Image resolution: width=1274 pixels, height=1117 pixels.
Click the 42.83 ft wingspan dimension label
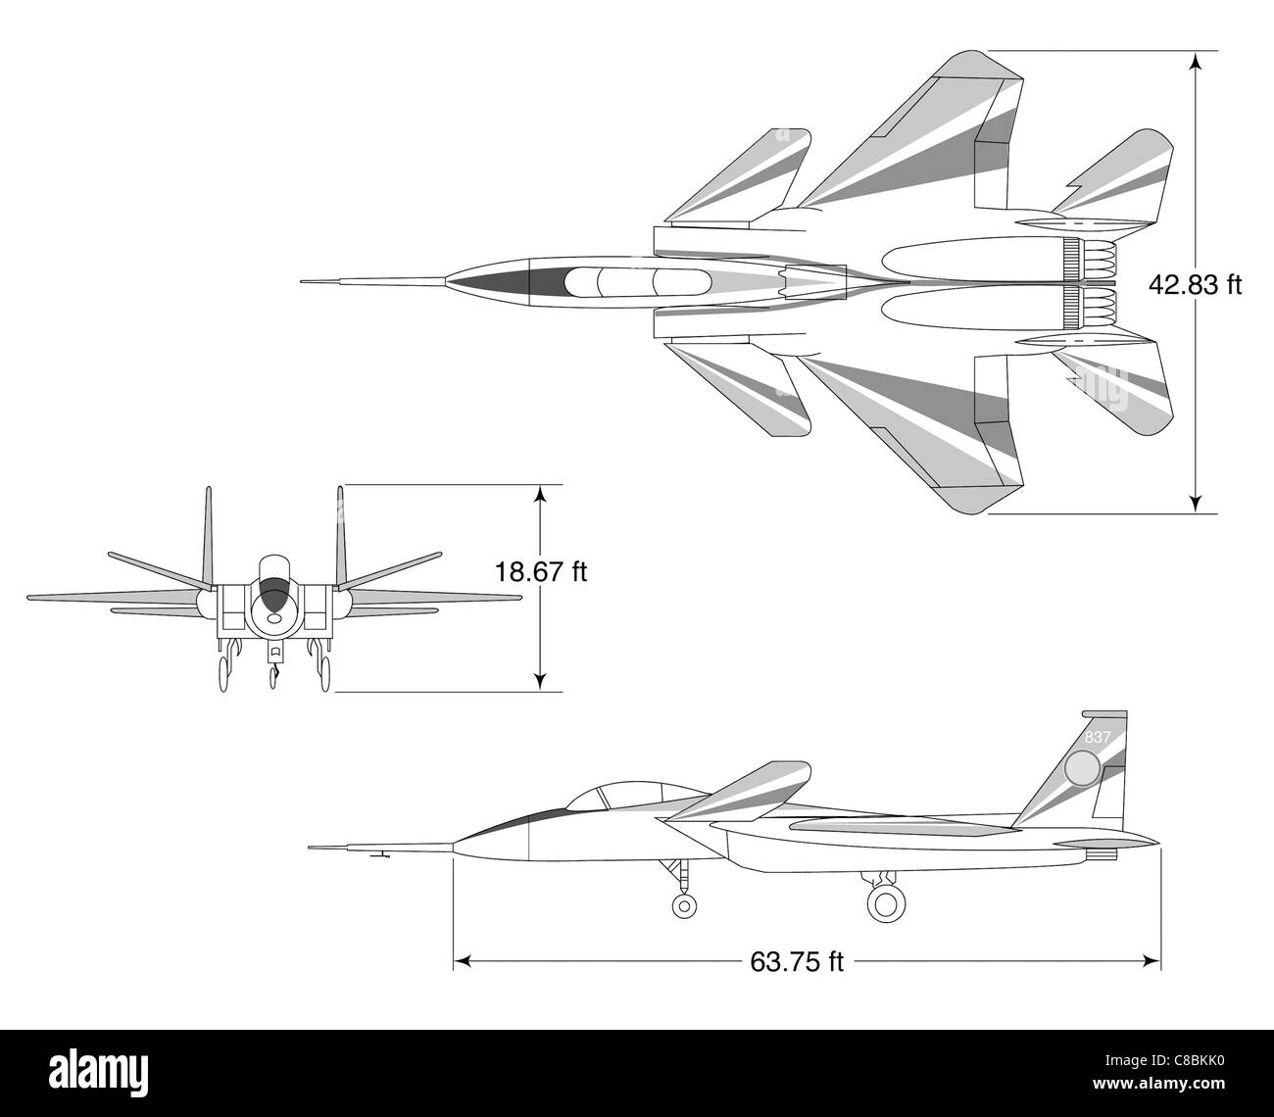click(x=1195, y=285)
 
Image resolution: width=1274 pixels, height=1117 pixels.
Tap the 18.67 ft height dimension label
click(x=540, y=571)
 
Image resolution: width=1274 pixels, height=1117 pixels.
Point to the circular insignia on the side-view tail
click(x=1083, y=769)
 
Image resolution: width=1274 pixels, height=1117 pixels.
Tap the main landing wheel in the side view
click(x=886, y=902)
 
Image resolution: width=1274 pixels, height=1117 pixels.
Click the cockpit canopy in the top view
click(x=637, y=282)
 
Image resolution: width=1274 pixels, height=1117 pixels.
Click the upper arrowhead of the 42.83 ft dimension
click(x=1195, y=62)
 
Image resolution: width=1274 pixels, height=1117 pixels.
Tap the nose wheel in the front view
click(x=273, y=676)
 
